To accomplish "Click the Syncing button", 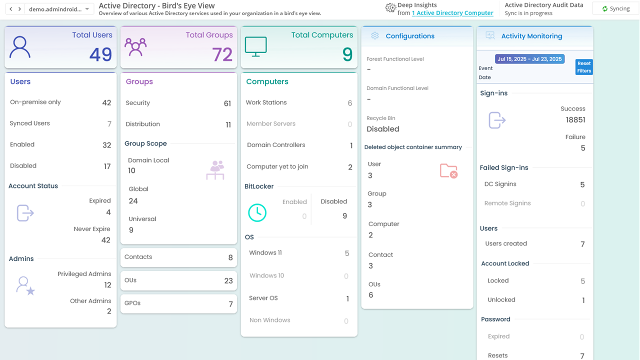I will point(615,8).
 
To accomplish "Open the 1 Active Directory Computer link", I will point(452,13).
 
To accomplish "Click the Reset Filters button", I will point(583,67).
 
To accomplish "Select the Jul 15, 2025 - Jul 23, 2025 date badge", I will point(529,59).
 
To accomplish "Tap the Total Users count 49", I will point(100,54).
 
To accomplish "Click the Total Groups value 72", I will point(222,54).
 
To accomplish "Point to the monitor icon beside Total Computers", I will point(255,46).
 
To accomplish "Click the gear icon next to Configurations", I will point(375,36).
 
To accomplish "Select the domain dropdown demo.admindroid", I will point(58,9).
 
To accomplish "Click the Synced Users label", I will point(30,123).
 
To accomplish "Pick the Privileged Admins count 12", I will point(107,285).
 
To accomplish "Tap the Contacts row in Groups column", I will point(178,257).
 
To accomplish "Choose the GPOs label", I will point(133,303).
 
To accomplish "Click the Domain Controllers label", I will point(276,145).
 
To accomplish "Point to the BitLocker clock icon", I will point(257,213).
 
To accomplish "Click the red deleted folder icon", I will point(448,171).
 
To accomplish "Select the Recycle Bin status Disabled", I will point(383,129).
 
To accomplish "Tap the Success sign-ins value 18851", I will point(575,120).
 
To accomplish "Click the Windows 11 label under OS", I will point(265,253).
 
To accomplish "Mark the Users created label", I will point(506,244).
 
